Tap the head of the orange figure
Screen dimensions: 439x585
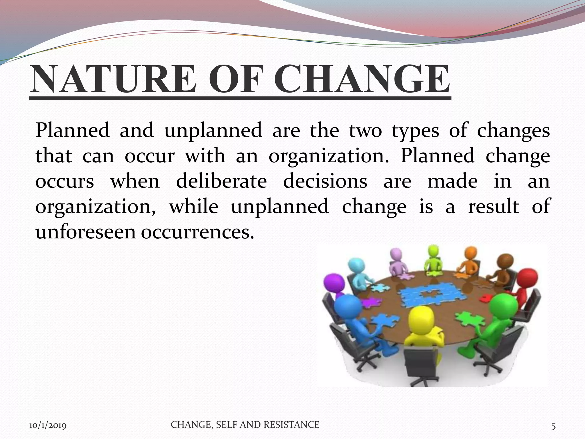pos(469,253)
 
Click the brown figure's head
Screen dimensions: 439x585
pos(506,261)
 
